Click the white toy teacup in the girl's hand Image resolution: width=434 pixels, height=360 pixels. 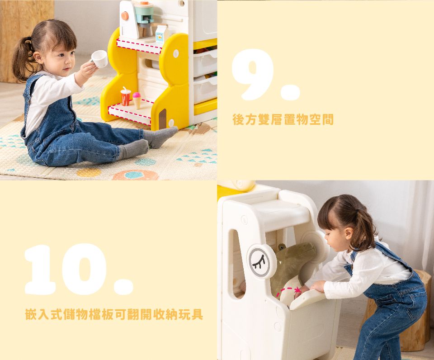pyautogui.click(x=99, y=59)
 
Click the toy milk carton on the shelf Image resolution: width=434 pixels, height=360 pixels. pyautogui.click(x=162, y=34)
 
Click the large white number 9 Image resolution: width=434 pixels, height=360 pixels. pyautogui.click(x=253, y=74)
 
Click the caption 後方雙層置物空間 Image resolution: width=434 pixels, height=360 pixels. pyautogui.click(x=283, y=119)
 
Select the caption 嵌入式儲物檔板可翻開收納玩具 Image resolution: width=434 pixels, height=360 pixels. pyautogui.click(x=114, y=314)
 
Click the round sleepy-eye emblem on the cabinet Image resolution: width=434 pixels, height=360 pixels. pyautogui.click(x=262, y=261)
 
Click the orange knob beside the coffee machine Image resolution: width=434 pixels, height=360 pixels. pyautogui.click(x=125, y=15)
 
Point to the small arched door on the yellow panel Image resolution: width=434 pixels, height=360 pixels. pyautogui.click(x=163, y=118)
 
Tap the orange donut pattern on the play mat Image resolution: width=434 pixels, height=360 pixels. pyautogui.click(x=135, y=175)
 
